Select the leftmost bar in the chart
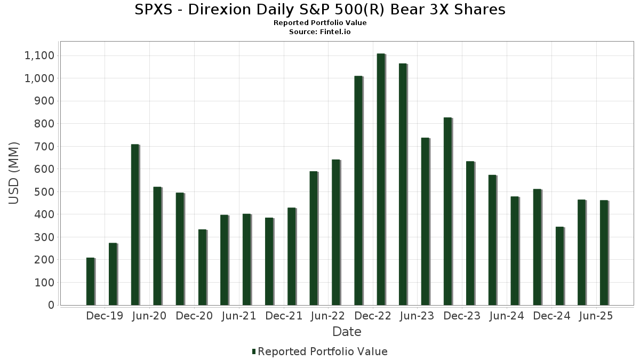pyautogui.click(x=90, y=281)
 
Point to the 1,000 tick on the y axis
pyautogui.click(x=39, y=78)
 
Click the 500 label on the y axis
pyautogui.click(x=44, y=192)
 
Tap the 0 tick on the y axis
pyautogui.click(x=51, y=305)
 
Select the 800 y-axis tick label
pyautogui.click(x=44, y=124)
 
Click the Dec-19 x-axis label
pyautogui.click(x=105, y=316)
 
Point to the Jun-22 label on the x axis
pyautogui.click(x=328, y=316)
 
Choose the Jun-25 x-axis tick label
pyautogui.click(x=596, y=316)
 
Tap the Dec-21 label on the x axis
pyautogui.click(x=284, y=316)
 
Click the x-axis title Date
pyautogui.click(x=347, y=332)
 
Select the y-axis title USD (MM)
pyautogui.click(x=14, y=173)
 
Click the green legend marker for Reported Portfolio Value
pyautogui.click(x=254, y=351)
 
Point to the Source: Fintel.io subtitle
pyautogui.click(x=320, y=32)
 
